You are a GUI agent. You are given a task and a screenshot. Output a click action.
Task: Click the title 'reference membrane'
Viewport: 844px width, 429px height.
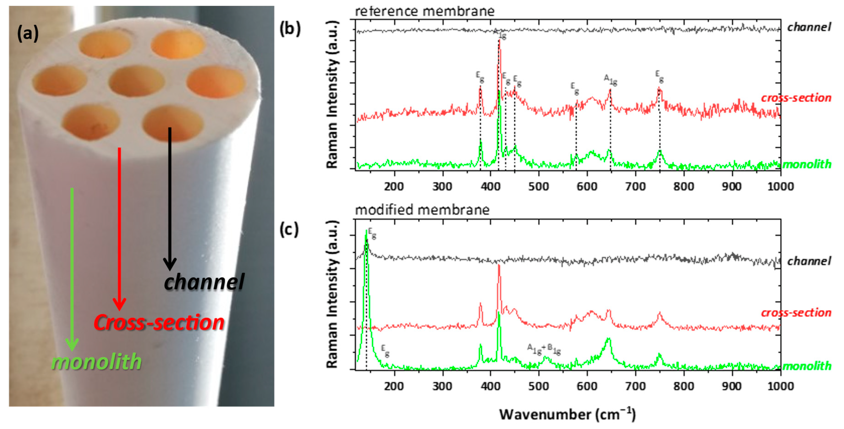pyautogui.click(x=425, y=11)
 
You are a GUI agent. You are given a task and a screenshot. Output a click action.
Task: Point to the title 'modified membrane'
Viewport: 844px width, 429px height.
pyautogui.click(x=422, y=210)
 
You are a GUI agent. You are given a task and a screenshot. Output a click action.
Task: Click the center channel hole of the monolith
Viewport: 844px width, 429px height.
pyautogui.click(x=136, y=80)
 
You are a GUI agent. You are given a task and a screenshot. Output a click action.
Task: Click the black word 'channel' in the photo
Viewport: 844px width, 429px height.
pyautogui.click(x=204, y=282)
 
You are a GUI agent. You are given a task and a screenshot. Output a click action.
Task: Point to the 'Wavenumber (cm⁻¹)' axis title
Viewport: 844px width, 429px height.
pyautogui.click(x=567, y=414)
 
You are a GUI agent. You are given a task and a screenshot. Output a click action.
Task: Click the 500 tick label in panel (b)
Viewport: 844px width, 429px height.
pyautogui.click(x=539, y=187)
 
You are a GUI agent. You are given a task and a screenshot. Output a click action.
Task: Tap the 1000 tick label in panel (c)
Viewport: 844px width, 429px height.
pyautogui.click(x=780, y=386)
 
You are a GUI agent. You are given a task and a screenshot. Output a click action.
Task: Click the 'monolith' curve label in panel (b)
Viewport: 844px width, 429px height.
pyautogui.click(x=807, y=164)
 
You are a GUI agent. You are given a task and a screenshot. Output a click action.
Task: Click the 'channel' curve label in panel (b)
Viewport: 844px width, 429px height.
pyautogui.click(x=809, y=27)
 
